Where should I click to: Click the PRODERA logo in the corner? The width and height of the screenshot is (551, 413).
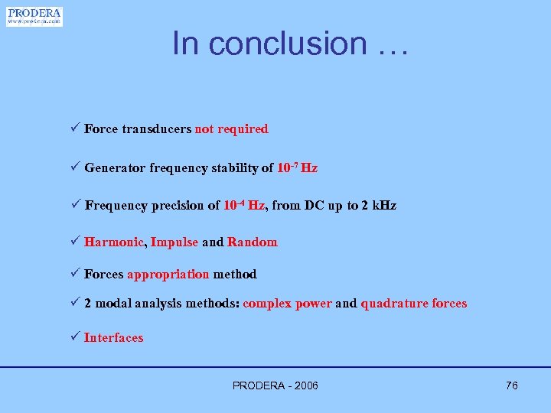point(34,16)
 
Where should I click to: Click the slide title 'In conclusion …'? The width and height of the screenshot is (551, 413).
point(292,43)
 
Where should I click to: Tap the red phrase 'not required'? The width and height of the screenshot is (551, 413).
point(231,129)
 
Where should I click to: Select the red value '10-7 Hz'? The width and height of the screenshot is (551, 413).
point(297,167)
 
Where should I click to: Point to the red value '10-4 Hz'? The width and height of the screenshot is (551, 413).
point(244,205)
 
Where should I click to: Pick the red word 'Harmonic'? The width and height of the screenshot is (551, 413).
point(113,242)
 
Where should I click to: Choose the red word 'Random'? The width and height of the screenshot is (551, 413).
point(252,242)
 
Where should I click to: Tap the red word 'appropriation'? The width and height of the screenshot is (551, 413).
point(168,274)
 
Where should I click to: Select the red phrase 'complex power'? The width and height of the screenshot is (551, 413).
point(287,304)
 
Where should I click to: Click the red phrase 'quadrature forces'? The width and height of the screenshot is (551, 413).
point(413,304)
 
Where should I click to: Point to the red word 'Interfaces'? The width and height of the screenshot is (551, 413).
point(113,338)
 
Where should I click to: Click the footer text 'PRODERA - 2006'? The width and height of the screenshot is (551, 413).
point(275,385)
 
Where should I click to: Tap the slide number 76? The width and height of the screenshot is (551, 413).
point(511,385)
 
